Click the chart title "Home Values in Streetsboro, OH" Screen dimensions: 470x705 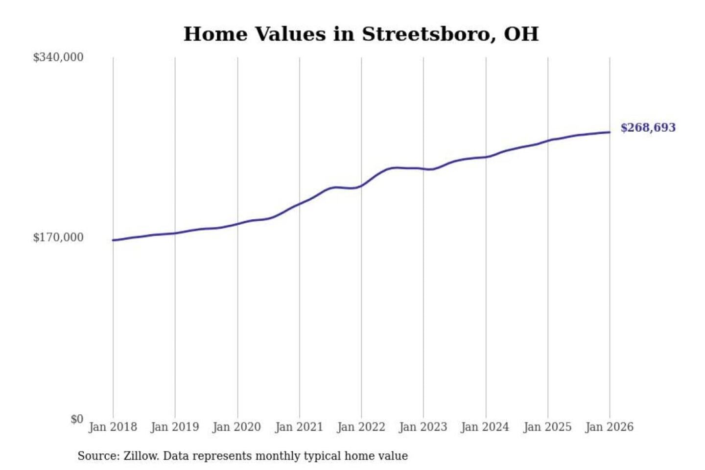(x=361, y=34)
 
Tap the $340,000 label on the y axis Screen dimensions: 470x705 (x=58, y=57)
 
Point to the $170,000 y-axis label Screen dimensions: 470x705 (x=58, y=237)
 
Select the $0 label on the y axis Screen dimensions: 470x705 (x=77, y=419)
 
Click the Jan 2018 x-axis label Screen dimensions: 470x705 (x=113, y=427)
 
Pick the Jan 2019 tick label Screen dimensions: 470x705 (x=175, y=427)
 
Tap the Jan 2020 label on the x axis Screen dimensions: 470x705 (x=237, y=427)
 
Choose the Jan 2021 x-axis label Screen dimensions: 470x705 (x=299, y=427)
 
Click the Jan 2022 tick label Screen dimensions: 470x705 (x=361, y=427)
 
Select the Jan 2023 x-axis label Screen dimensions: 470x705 (x=423, y=427)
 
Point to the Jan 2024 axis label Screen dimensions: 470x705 (x=485, y=427)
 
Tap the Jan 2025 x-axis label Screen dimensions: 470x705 (x=547, y=427)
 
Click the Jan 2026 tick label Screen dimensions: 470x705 (x=610, y=427)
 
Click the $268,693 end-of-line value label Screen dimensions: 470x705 (x=648, y=128)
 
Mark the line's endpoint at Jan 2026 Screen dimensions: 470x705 (x=610, y=132)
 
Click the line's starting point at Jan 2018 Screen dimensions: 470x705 (x=113, y=240)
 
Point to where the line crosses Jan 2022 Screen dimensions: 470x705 (x=361, y=186)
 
